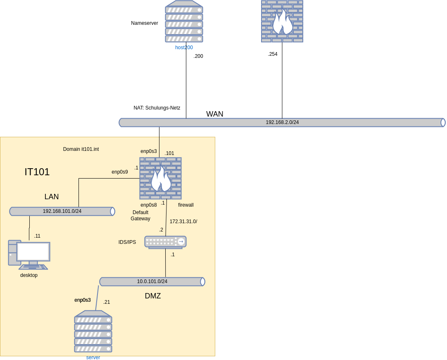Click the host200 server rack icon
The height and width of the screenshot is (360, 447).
pyautogui.click(x=184, y=21)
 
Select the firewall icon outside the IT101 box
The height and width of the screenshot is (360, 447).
pyautogui.click(x=282, y=21)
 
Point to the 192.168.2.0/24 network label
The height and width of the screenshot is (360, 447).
pyautogui.click(x=282, y=122)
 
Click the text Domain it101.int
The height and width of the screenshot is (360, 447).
pyautogui.click(x=81, y=149)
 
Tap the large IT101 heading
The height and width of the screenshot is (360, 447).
pyautogui.click(x=37, y=172)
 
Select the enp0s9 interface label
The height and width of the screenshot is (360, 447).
pyautogui.click(x=120, y=172)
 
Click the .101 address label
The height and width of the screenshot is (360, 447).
pyautogui.click(x=169, y=153)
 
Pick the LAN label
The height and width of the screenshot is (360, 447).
pyautogui.click(x=52, y=197)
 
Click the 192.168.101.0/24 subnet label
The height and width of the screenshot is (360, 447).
pyautogui.click(x=62, y=211)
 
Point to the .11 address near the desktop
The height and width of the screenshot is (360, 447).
pyautogui.click(x=37, y=236)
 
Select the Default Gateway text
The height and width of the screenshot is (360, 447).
pyautogui.click(x=140, y=215)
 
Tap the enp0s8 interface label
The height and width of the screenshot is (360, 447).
pyautogui.click(x=149, y=205)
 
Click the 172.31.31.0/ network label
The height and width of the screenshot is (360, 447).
pyautogui.click(x=183, y=222)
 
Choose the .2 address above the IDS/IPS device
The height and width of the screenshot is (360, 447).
pyautogui.click(x=161, y=230)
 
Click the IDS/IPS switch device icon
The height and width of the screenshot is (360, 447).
pyautogui.click(x=165, y=242)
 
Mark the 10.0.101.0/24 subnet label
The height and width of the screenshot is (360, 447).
pyautogui.click(x=152, y=281)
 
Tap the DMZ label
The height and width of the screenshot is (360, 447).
pyautogui.click(x=153, y=296)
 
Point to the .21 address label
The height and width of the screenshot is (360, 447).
pyautogui.click(x=107, y=302)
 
